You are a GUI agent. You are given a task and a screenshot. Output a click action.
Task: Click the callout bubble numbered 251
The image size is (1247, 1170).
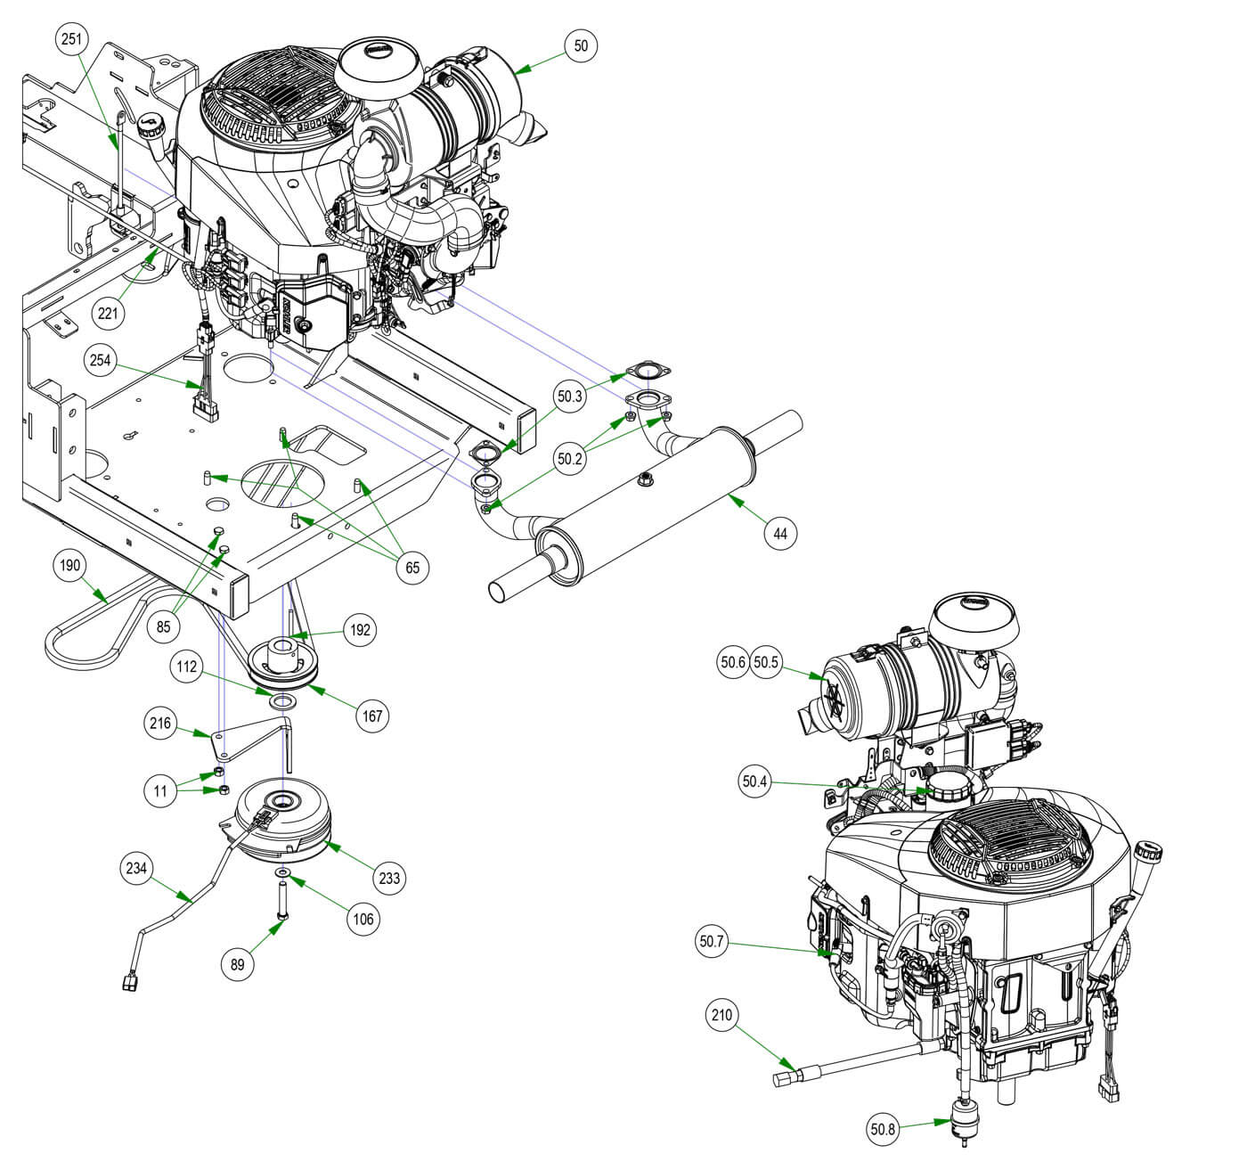click(73, 39)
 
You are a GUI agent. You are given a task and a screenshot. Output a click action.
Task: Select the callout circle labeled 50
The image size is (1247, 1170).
click(581, 45)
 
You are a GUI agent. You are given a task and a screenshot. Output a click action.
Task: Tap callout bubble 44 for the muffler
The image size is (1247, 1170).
click(780, 534)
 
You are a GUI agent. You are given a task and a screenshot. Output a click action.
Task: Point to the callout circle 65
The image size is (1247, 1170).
click(412, 568)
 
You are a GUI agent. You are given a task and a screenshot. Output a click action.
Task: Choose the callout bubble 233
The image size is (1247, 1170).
click(390, 879)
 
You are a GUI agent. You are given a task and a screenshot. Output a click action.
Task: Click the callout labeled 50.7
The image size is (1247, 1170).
click(713, 941)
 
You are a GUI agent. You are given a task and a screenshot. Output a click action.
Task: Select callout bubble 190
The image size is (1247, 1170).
click(69, 565)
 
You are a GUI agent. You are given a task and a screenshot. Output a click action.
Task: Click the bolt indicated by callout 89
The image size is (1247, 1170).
click(282, 901)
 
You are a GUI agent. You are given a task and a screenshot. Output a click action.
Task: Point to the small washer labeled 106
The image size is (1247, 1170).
click(281, 870)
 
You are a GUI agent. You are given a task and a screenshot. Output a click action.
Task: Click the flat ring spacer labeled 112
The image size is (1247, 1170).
click(281, 703)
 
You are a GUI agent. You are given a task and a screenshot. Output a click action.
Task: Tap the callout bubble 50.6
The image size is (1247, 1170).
click(733, 663)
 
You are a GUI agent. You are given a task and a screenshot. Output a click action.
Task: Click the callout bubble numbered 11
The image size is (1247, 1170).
click(161, 791)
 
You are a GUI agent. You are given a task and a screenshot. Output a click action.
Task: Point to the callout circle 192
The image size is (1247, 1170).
click(360, 630)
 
